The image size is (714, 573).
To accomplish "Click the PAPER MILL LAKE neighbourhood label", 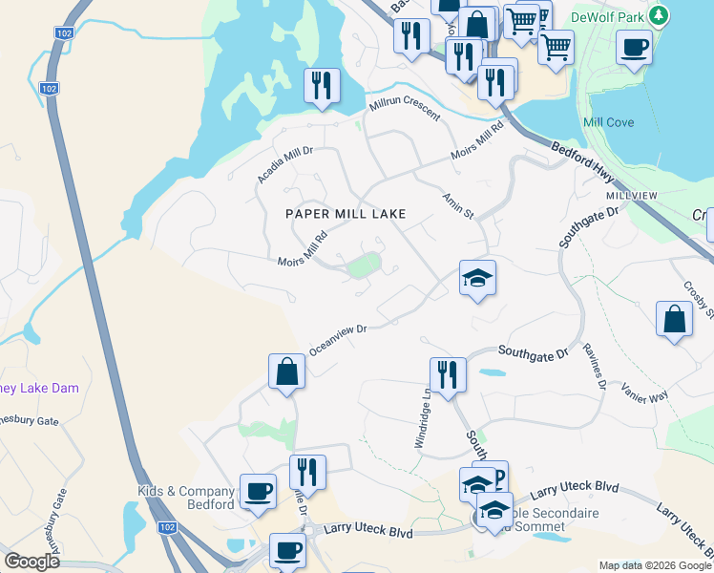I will tap(346, 215).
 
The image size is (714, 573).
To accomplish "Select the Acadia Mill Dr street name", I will tap(284, 164).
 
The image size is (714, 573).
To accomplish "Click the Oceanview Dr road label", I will tap(338, 337).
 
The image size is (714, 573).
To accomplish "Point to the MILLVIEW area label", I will tap(631, 195).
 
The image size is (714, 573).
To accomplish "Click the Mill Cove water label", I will tap(607, 123).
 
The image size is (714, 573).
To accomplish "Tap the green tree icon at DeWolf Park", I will tap(658, 15).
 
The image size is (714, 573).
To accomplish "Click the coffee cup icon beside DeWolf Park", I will tap(634, 47).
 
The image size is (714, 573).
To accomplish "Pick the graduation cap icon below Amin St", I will tap(477, 279).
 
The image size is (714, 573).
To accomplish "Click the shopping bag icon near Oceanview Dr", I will tap(286, 371).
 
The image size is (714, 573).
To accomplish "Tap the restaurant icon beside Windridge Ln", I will tap(447, 373).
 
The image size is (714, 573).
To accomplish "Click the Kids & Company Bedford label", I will tap(186, 498).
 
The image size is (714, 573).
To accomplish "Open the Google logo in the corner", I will tap(31, 562).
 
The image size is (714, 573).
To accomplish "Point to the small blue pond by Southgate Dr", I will tap(491, 372).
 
